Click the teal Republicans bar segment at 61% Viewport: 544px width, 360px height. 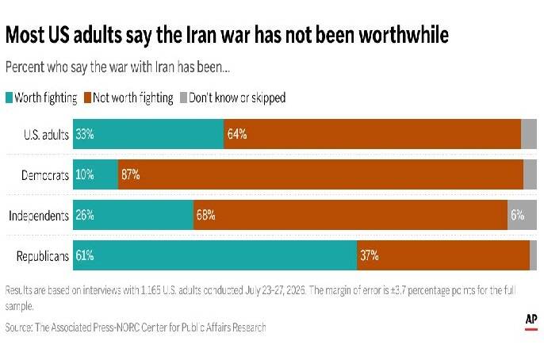[x=215, y=255]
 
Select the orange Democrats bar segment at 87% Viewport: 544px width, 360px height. [x=320, y=174]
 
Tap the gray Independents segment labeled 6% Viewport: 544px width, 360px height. [x=522, y=215]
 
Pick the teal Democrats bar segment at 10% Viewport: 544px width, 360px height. [x=95, y=174]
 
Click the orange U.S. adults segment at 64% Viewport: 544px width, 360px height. [x=373, y=134]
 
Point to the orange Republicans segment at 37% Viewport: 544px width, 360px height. [x=443, y=255]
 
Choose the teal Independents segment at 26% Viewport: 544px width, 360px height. [x=133, y=215]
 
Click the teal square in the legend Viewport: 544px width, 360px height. [x=9, y=98]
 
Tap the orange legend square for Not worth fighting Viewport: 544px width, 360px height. [x=88, y=98]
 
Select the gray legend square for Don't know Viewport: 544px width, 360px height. [x=183, y=98]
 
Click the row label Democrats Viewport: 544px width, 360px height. [x=45, y=175]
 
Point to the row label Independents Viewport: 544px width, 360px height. [x=39, y=216]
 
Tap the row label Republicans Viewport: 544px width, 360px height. [x=43, y=256]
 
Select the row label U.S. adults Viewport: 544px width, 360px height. [x=46, y=135]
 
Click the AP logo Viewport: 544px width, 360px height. [x=531, y=321]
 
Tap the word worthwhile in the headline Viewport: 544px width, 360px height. [x=404, y=35]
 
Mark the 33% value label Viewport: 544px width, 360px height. [x=85, y=134]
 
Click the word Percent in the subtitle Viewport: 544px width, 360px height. [x=25, y=67]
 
